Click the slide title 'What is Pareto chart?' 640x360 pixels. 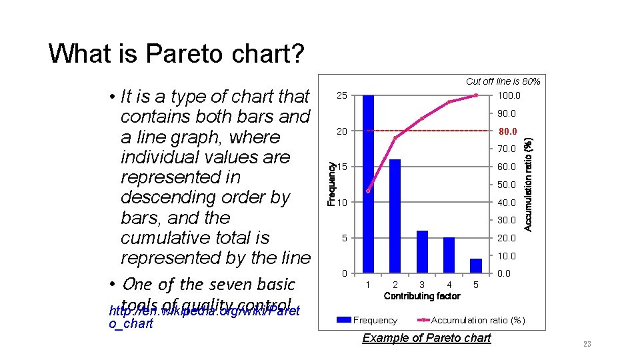pyautogui.click(x=176, y=53)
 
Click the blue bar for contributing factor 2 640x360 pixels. pyautogui.click(x=395, y=216)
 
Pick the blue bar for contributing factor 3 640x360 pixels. pyautogui.click(x=422, y=251)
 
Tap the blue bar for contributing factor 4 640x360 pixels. pyautogui.click(x=449, y=255)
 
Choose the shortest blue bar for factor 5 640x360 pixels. pyautogui.click(x=475, y=265)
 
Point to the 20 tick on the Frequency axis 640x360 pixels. pyautogui.click(x=341, y=131)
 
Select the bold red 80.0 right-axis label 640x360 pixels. pyautogui.click(x=507, y=131)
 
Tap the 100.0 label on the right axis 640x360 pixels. pyautogui.click(x=508, y=96)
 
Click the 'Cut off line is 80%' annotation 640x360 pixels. pyautogui.click(x=503, y=81)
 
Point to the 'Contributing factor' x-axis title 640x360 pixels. pyautogui.click(x=422, y=296)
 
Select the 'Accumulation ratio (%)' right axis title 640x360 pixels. pyautogui.click(x=528, y=184)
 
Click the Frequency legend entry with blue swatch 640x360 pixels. pyautogui.click(x=367, y=321)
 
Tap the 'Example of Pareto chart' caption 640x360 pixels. pyautogui.click(x=426, y=338)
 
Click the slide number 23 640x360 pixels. pyautogui.click(x=587, y=344)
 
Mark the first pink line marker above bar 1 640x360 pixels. pyautogui.click(x=368, y=191)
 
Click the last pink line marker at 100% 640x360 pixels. pyautogui.click(x=476, y=95)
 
